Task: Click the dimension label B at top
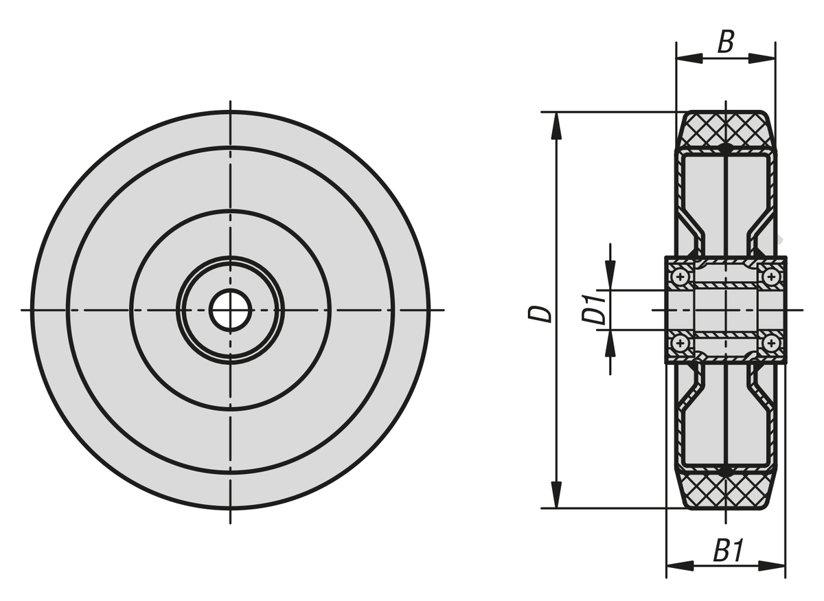(725, 42)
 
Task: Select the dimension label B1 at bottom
(729, 551)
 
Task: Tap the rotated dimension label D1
(593, 309)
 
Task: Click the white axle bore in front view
(230, 310)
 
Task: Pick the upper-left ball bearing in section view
(680, 276)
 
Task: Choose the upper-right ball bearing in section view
(771, 276)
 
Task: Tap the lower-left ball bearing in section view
(680, 343)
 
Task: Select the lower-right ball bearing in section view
(771, 343)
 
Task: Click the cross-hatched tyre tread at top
(725, 131)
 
